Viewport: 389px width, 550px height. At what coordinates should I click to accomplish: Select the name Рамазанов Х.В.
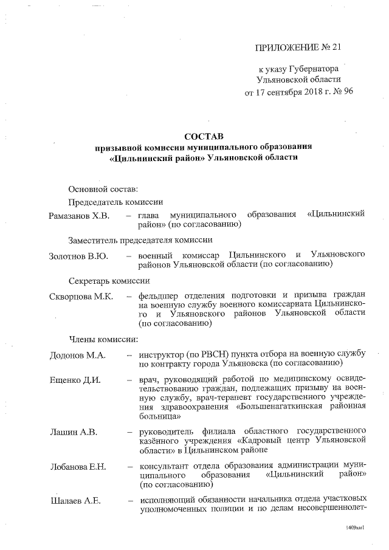(x=79, y=215)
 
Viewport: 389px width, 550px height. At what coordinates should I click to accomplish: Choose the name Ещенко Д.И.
(x=75, y=380)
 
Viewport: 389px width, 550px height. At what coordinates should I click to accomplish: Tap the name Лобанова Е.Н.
(x=78, y=466)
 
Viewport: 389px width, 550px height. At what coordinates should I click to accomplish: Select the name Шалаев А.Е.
(x=75, y=501)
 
